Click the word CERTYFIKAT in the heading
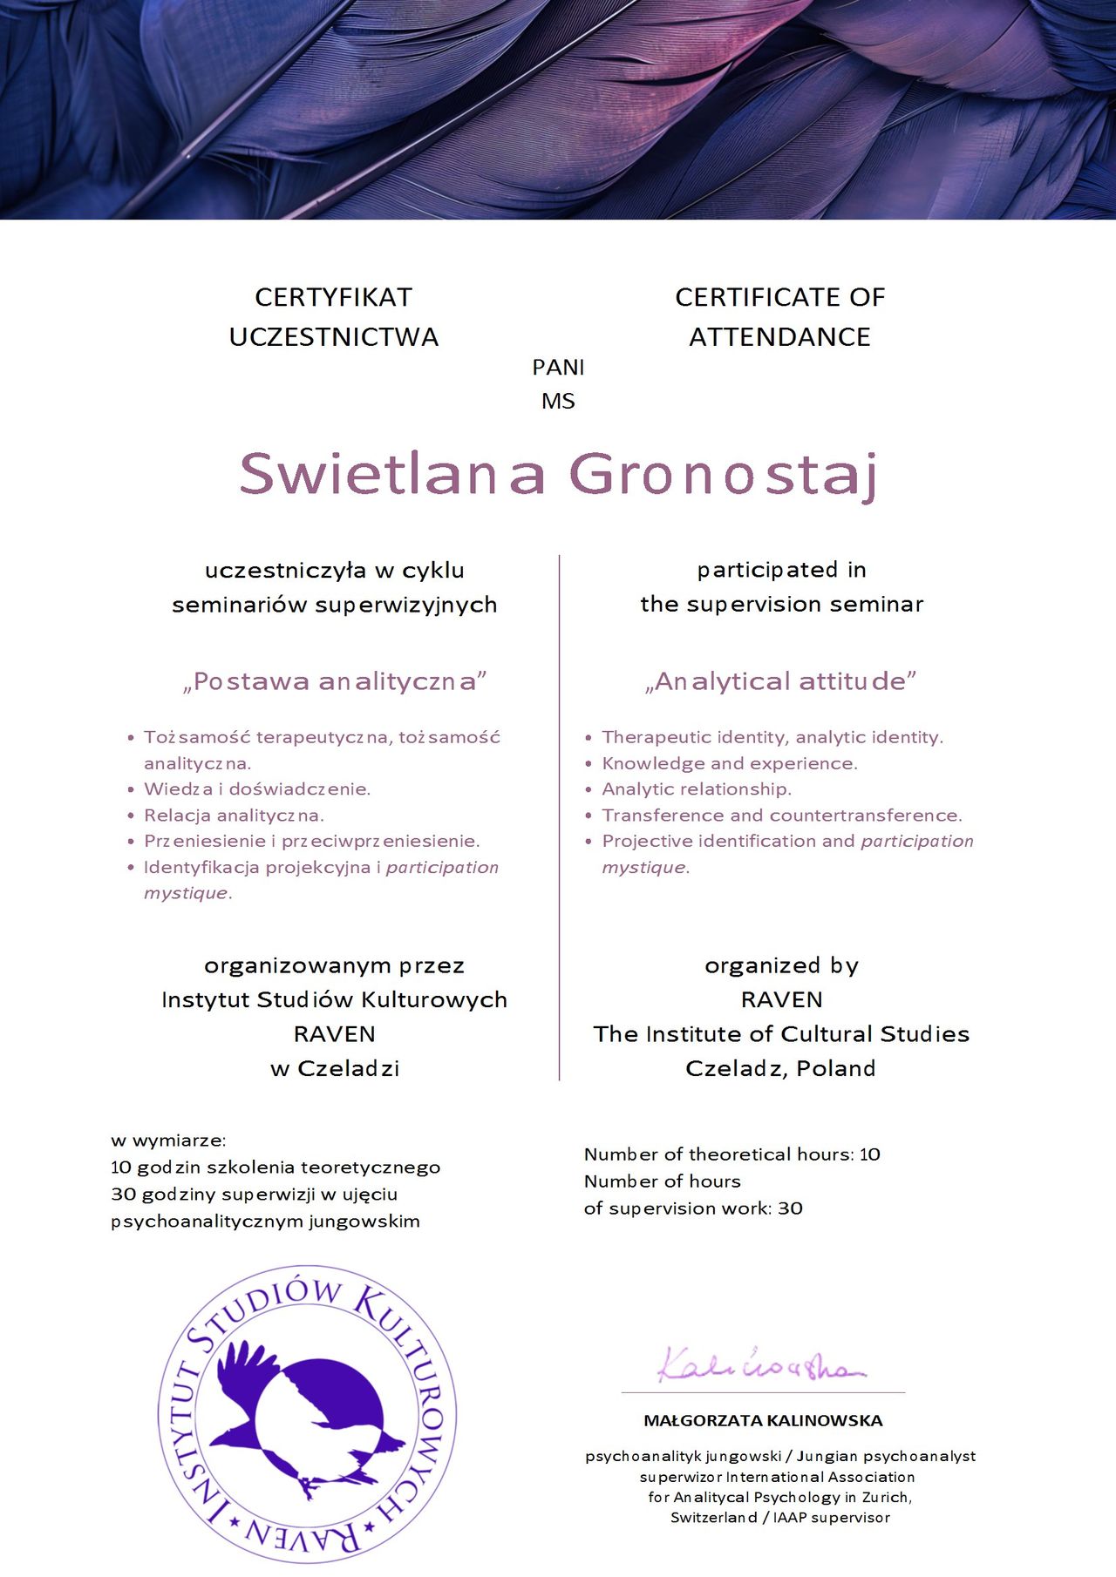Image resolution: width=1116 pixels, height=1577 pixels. [x=333, y=297]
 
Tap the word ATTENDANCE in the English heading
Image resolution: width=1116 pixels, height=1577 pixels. [x=779, y=337]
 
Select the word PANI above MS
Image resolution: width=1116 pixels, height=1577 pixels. [x=558, y=368]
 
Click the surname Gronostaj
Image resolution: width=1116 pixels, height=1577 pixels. [x=723, y=475]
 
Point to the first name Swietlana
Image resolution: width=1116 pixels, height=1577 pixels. [x=392, y=474]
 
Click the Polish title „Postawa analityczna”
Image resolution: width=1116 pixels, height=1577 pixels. [x=334, y=681]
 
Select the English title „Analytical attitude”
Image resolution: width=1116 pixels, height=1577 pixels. [x=780, y=681]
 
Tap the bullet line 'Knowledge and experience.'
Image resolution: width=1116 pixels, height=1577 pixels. [x=730, y=763]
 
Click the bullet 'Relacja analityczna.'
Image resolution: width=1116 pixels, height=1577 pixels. [x=234, y=816]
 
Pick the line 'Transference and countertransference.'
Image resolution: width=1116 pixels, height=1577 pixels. [x=782, y=816]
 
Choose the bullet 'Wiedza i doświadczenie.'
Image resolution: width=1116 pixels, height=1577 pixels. [x=257, y=789]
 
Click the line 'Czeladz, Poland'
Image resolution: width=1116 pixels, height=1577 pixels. [x=780, y=1068]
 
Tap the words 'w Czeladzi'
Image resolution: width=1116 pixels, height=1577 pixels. [x=335, y=1068]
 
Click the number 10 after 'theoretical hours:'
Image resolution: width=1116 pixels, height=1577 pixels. [x=870, y=1154]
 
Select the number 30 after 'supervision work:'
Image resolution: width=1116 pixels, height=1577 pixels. [x=791, y=1208]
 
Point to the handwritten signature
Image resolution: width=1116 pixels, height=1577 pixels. [x=759, y=1366]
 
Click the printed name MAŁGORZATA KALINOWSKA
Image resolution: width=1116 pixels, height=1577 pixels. [x=763, y=1421]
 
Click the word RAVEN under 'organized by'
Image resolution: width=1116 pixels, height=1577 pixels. [x=781, y=999]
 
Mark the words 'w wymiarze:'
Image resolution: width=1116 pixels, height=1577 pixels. [x=168, y=1140]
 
